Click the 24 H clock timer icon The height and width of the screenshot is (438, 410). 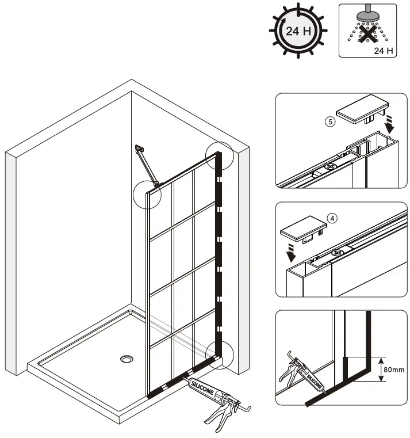298,31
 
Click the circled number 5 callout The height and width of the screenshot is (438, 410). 329,123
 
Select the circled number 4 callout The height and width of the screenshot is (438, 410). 332,218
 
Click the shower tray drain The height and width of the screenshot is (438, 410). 127,359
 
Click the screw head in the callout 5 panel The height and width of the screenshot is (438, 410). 329,166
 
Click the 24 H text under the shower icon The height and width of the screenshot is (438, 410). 383,51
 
